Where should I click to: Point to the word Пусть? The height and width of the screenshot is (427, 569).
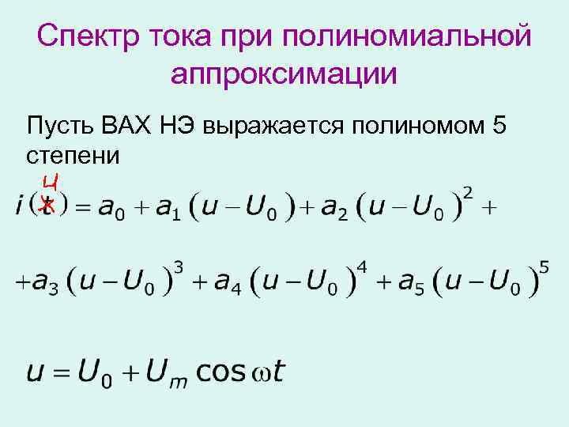[62, 126]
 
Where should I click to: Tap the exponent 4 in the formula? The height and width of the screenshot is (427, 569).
[362, 268]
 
